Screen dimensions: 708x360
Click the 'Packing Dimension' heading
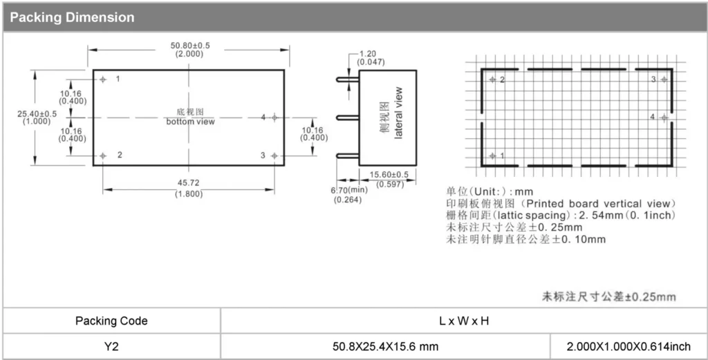72,17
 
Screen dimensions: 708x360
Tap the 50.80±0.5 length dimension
189,46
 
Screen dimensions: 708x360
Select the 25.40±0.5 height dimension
37,114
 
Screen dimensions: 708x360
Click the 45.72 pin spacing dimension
189,182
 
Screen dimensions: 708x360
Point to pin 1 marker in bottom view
103,79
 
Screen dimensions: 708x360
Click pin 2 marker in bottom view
103,155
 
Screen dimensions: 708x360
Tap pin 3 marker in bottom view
274,155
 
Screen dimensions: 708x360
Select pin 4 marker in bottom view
274,117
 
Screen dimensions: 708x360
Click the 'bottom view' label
190,122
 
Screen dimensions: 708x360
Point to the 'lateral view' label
398,113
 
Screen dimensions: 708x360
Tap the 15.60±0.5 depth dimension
389,175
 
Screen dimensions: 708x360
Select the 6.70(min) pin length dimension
348,190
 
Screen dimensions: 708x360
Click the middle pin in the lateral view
348,117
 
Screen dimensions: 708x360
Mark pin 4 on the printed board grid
664,117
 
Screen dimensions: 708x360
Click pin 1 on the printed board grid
492,156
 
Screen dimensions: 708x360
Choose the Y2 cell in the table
111,346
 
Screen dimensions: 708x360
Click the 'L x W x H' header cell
464,321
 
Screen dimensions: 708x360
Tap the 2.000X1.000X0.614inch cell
628,346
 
